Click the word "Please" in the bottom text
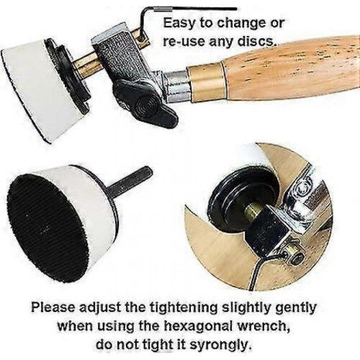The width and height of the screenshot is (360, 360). click(53, 307)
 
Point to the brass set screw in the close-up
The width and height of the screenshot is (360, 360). click(294, 253)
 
